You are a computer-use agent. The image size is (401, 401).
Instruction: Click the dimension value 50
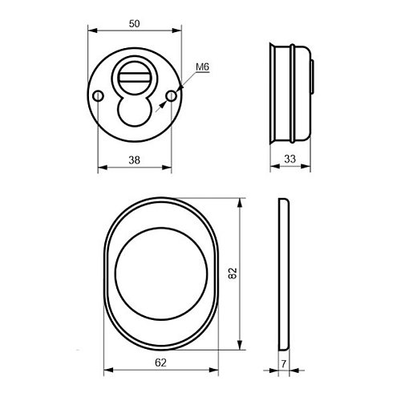click(x=134, y=24)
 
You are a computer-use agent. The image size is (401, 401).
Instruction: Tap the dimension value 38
click(x=134, y=160)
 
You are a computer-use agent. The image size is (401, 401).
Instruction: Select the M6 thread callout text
click(x=202, y=67)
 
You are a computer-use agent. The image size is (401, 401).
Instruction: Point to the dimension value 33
click(x=290, y=159)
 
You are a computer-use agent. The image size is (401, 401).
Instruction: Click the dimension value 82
click(x=233, y=273)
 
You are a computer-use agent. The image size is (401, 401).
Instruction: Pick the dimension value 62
click(x=160, y=363)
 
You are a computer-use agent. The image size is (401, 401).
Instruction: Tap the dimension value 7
click(x=284, y=363)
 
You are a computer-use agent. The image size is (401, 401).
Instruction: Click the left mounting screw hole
click(x=98, y=96)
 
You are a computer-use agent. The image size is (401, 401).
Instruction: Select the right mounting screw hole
click(x=171, y=96)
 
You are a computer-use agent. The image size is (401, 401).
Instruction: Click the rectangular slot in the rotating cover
click(x=135, y=78)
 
